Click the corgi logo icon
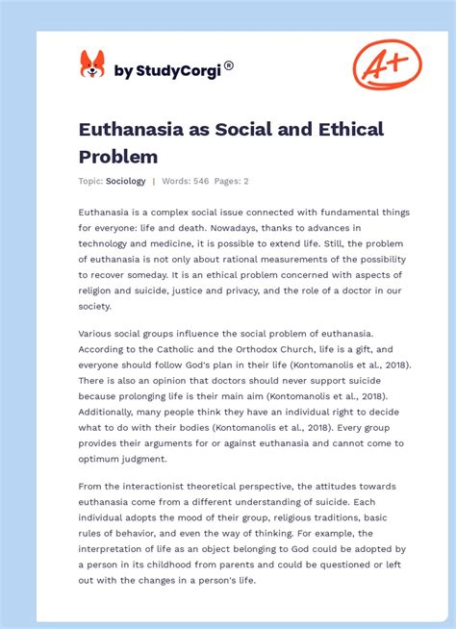(x=91, y=64)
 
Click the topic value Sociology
(x=126, y=181)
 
